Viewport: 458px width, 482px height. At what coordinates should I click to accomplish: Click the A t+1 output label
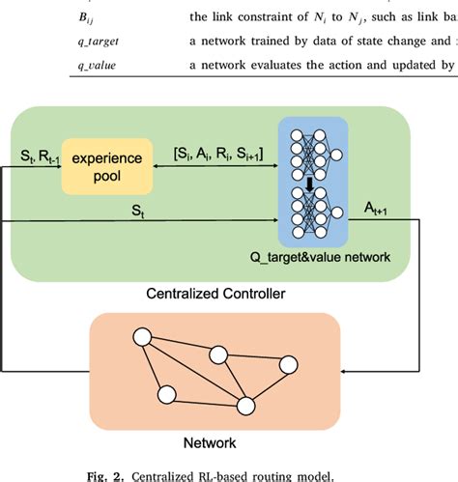point(378,208)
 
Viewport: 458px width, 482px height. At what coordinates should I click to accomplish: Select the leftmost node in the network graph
point(142,339)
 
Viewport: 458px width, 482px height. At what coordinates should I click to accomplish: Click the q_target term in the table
point(47,40)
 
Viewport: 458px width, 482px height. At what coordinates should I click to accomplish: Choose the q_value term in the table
point(45,64)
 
